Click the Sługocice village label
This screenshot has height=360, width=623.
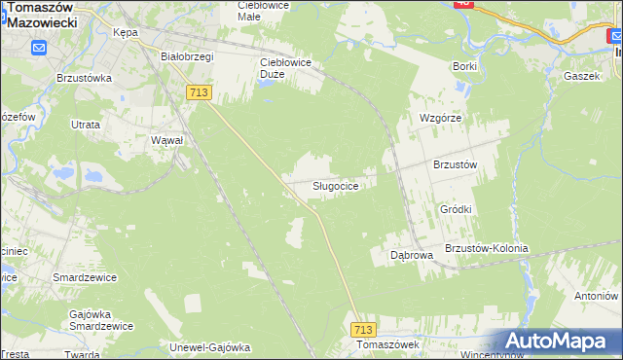pyautogui.click(x=341, y=185)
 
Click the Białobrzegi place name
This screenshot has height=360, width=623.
pyautogui.click(x=187, y=56)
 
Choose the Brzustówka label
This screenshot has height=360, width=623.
pyautogui.click(x=85, y=78)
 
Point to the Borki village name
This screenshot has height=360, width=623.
pyautogui.click(x=464, y=66)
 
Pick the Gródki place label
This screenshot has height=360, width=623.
pyautogui.click(x=456, y=209)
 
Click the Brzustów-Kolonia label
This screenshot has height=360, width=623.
pyautogui.click(x=486, y=248)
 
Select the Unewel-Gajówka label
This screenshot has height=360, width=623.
pyautogui.click(x=210, y=347)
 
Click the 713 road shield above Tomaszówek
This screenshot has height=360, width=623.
pyautogui.click(x=364, y=330)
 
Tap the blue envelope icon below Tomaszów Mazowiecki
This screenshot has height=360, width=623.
pyautogui.click(x=39, y=48)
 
